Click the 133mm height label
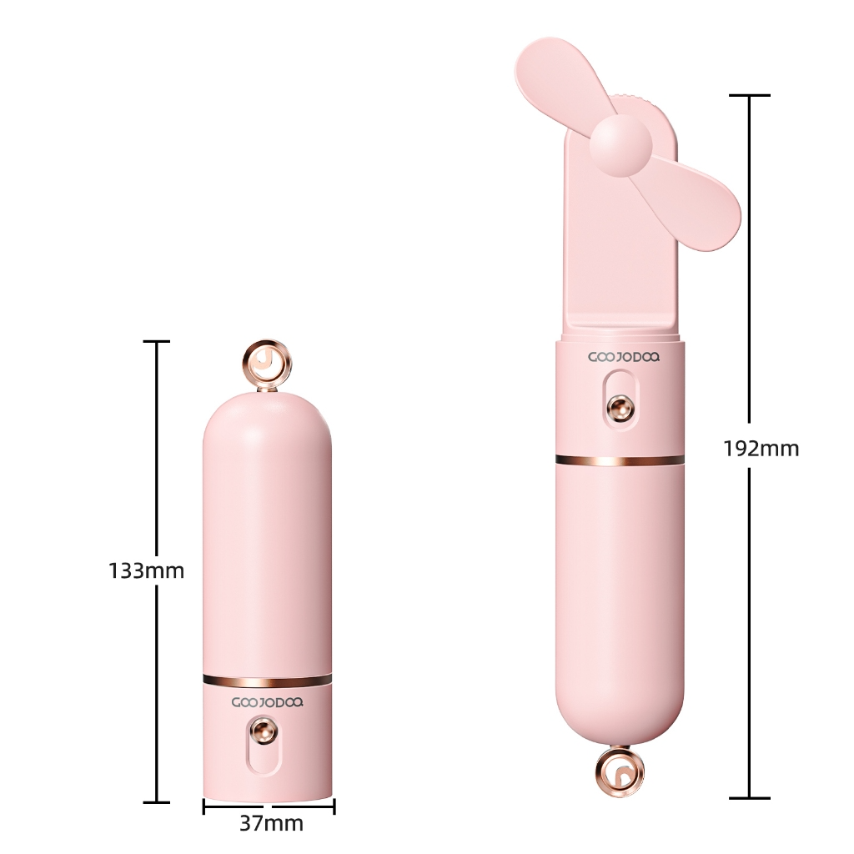click(x=146, y=571)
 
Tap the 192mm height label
click(x=761, y=449)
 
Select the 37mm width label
click(x=271, y=824)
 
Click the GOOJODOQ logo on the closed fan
click(x=267, y=702)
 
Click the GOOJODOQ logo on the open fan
click(x=624, y=357)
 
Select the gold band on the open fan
click(x=620, y=460)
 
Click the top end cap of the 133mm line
click(x=157, y=342)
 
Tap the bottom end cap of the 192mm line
click(x=748, y=798)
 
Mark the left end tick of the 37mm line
click(x=203, y=806)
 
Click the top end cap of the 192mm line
click(x=748, y=96)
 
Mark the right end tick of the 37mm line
click(x=334, y=806)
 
